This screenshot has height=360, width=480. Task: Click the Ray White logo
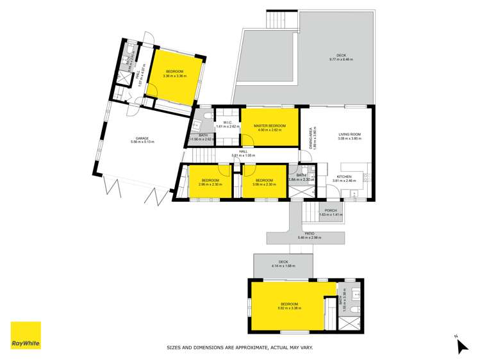pyautogui.click(x=26, y=335)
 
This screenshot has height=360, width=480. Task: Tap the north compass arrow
pyautogui.click(x=460, y=345)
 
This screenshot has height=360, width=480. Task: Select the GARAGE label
pyautogui.click(x=142, y=138)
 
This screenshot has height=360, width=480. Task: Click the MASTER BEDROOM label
pyautogui.click(x=269, y=126)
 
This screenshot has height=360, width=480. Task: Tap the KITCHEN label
pyautogui.click(x=345, y=176)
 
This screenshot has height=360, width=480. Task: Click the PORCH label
pyautogui.click(x=331, y=210)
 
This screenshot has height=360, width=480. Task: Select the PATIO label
pyautogui.click(x=309, y=233)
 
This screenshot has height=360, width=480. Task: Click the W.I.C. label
pyautogui.click(x=227, y=122)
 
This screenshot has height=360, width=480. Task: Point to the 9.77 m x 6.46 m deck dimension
pyautogui.click(x=341, y=60)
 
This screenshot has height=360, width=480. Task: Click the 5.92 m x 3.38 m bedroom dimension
pyautogui.click(x=288, y=308)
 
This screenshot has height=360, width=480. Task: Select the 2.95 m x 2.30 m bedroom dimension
pyautogui.click(x=210, y=184)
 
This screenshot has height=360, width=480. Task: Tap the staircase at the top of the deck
pyautogui.click(x=282, y=19)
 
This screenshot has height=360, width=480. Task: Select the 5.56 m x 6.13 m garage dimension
pyautogui.click(x=142, y=142)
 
